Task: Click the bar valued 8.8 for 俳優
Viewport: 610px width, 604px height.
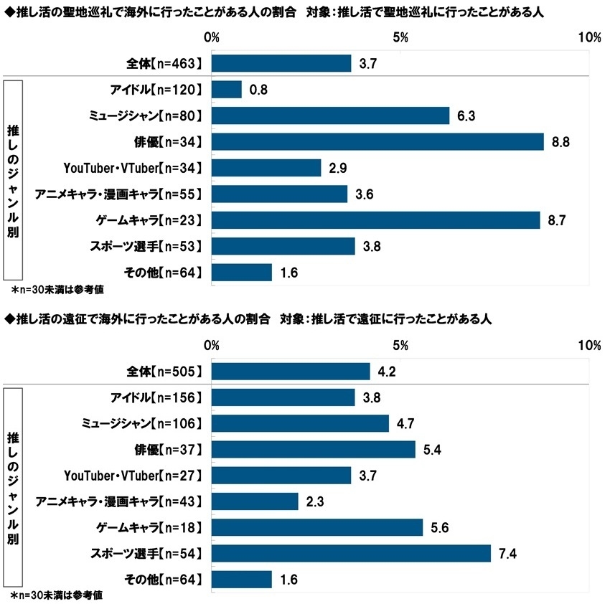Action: pyautogui.click(x=377, y=142)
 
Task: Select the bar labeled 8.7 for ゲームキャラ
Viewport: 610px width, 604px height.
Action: pyautogui.click(x=375, y=220)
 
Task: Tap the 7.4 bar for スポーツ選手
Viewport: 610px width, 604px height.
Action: pyautogui.click(x=351, y=553)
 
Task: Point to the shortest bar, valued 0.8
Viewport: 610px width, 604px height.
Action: pyautogui.click(x=227, y=90)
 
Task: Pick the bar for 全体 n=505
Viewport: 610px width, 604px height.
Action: pyautogui.click(x=291, y=372)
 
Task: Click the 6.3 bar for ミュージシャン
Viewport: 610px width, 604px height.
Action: pyautogui.click(x=330, y=115)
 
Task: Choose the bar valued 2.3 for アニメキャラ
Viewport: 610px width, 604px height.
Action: pyautogui.click(x=255, y=501)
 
